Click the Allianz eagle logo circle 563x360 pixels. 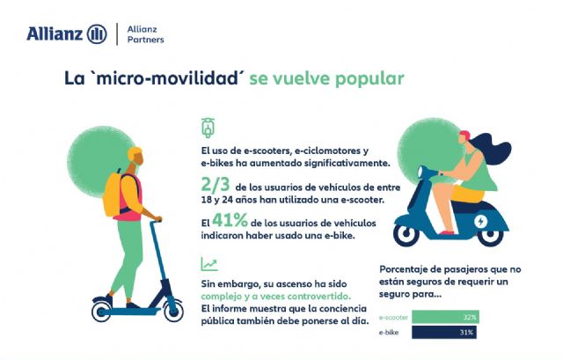click(x=97, y=34)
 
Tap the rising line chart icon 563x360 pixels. click(x=209, y=263)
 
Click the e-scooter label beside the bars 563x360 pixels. click(x=393, y=316)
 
